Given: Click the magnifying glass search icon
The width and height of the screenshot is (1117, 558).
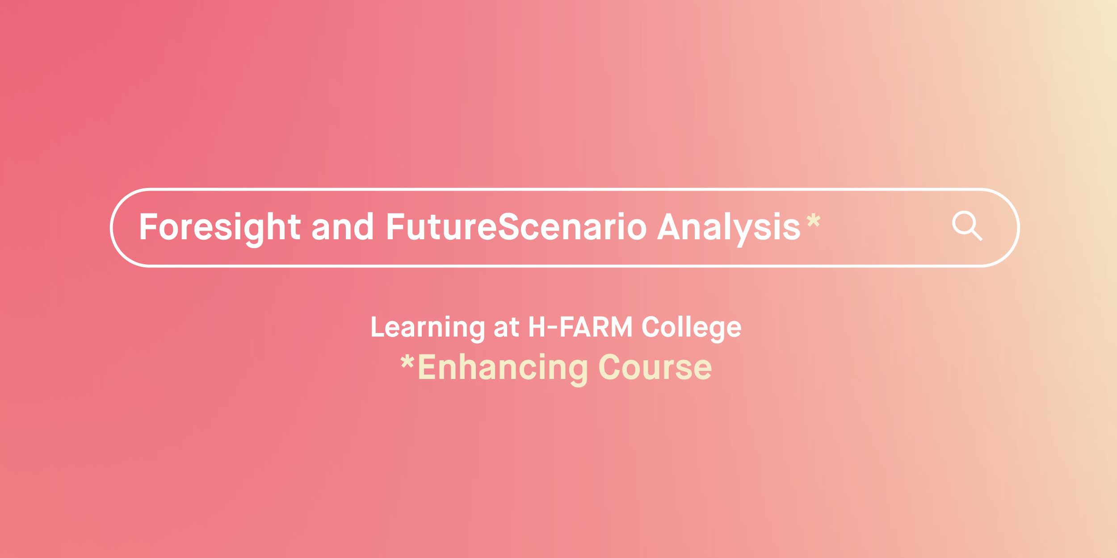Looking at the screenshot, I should pos(966,225).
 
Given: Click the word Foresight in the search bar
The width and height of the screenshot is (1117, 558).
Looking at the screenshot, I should pos(219,227).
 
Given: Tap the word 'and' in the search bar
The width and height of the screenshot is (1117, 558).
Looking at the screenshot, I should pos(342,227).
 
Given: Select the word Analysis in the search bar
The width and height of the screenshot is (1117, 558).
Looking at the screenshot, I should pos(729,227).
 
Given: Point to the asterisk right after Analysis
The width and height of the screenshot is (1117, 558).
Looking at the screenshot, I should pos(814,220).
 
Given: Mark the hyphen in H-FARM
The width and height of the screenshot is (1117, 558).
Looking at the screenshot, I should pos(553,328).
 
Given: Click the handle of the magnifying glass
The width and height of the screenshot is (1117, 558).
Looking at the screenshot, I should pos(977,235).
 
